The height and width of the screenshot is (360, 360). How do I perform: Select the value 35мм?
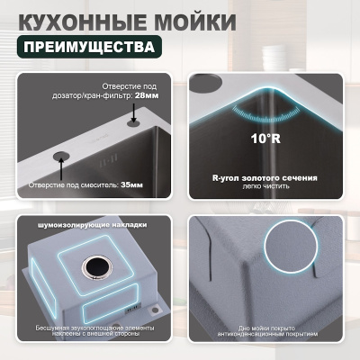pyautogui.click(x=131, y=184)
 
